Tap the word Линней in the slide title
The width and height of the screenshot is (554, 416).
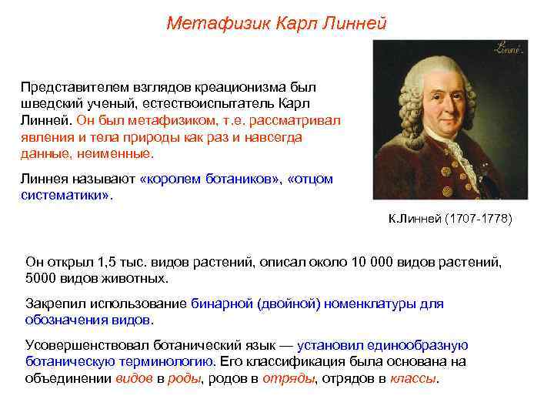(x=357, y=24)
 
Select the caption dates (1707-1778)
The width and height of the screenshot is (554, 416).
(x=478, y=220)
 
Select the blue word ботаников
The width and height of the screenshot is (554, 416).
(x=239, y=179)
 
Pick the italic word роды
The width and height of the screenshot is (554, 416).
(x=185, y=378)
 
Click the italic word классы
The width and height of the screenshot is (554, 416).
(x=413, y=378)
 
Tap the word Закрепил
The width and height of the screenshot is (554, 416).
(x=52, y=304)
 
